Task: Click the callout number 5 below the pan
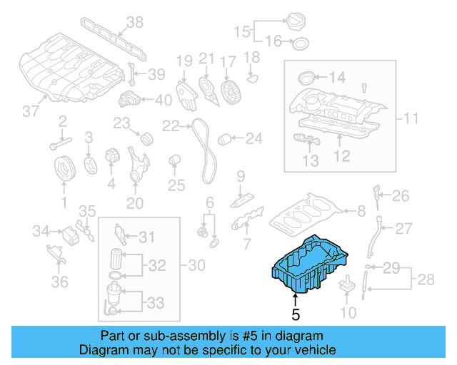pos(296,312)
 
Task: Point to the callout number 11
pos(410,118)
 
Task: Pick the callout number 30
pos(196,266)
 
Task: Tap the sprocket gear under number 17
pos(229,91)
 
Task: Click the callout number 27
pos(404,228)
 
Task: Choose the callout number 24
pos(254,138)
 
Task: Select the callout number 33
pos(155,303)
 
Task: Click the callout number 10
pos(347,312)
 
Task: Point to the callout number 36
pos(59,282)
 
